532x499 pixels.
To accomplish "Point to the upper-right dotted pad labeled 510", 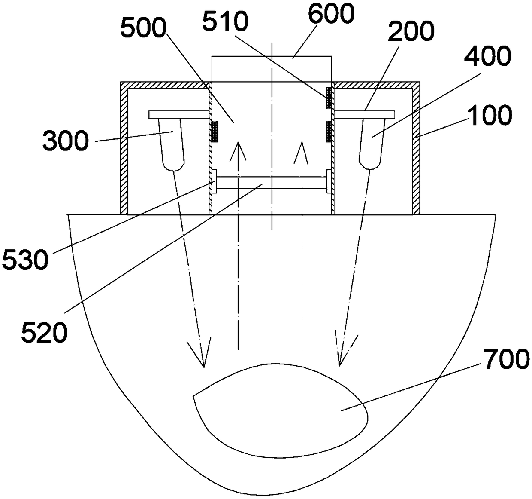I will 329,98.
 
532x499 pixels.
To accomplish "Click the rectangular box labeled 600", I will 271,68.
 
